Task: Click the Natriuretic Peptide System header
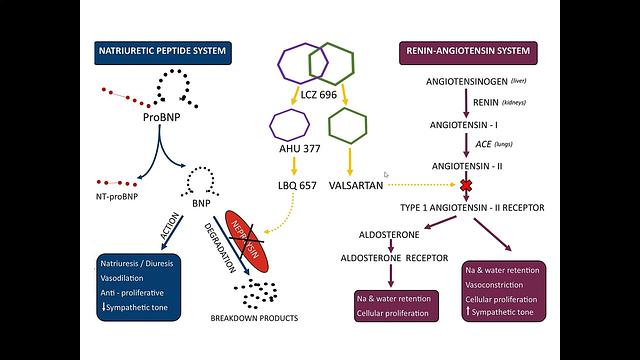159,49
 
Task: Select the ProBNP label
161,117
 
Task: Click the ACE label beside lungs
467,144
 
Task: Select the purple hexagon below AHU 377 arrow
289,125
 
